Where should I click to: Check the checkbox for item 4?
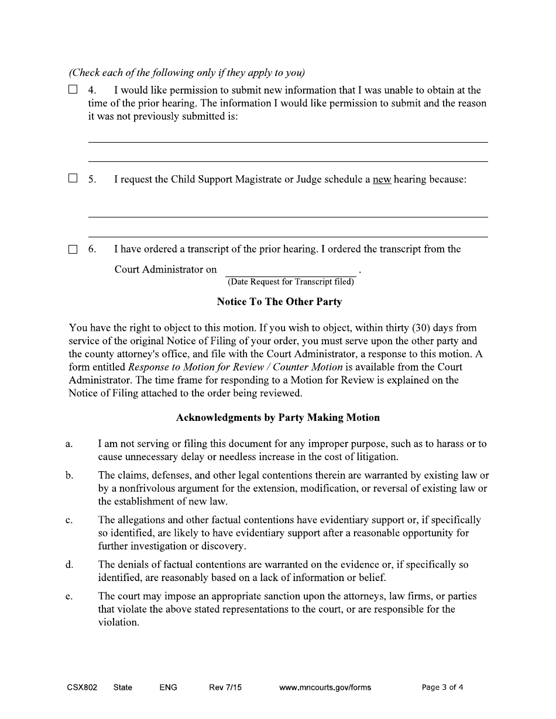(x=73, y=90)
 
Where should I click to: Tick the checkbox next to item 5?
(x=73, y=179)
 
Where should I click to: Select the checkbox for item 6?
(x=73, y=250)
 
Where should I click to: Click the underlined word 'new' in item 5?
(x=382, y=179)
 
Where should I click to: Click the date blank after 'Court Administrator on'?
(x=290, y=271)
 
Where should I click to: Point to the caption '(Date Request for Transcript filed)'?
(x=290, y=282)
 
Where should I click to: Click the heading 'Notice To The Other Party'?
(x=279, y=302)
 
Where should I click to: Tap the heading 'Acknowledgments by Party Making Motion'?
(x=278, y=417)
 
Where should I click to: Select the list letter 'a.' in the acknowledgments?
(x=69, y=444)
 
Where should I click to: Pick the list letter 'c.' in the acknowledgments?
(x=69, y=520)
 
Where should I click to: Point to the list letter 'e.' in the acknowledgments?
(x=69, y=597)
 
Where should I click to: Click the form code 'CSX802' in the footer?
(x=82, y=687)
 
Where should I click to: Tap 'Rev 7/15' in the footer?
(x=225, y=687)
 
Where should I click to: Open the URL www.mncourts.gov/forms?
(x=325, y=687)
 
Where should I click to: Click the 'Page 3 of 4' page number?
(x=442, y=687)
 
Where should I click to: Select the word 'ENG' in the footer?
(x=168, y=687)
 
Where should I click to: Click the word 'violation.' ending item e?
(x=119, y=622)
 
